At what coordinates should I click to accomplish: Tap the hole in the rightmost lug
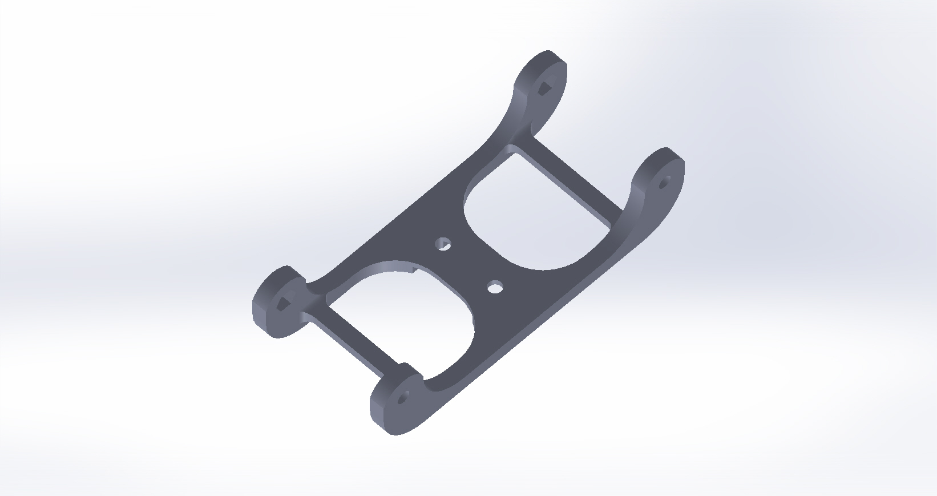[663, 184]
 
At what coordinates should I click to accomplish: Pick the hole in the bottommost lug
[403, 398]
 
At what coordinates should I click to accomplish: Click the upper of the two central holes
[442, 245]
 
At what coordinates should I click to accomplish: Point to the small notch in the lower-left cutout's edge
[413, 266]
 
